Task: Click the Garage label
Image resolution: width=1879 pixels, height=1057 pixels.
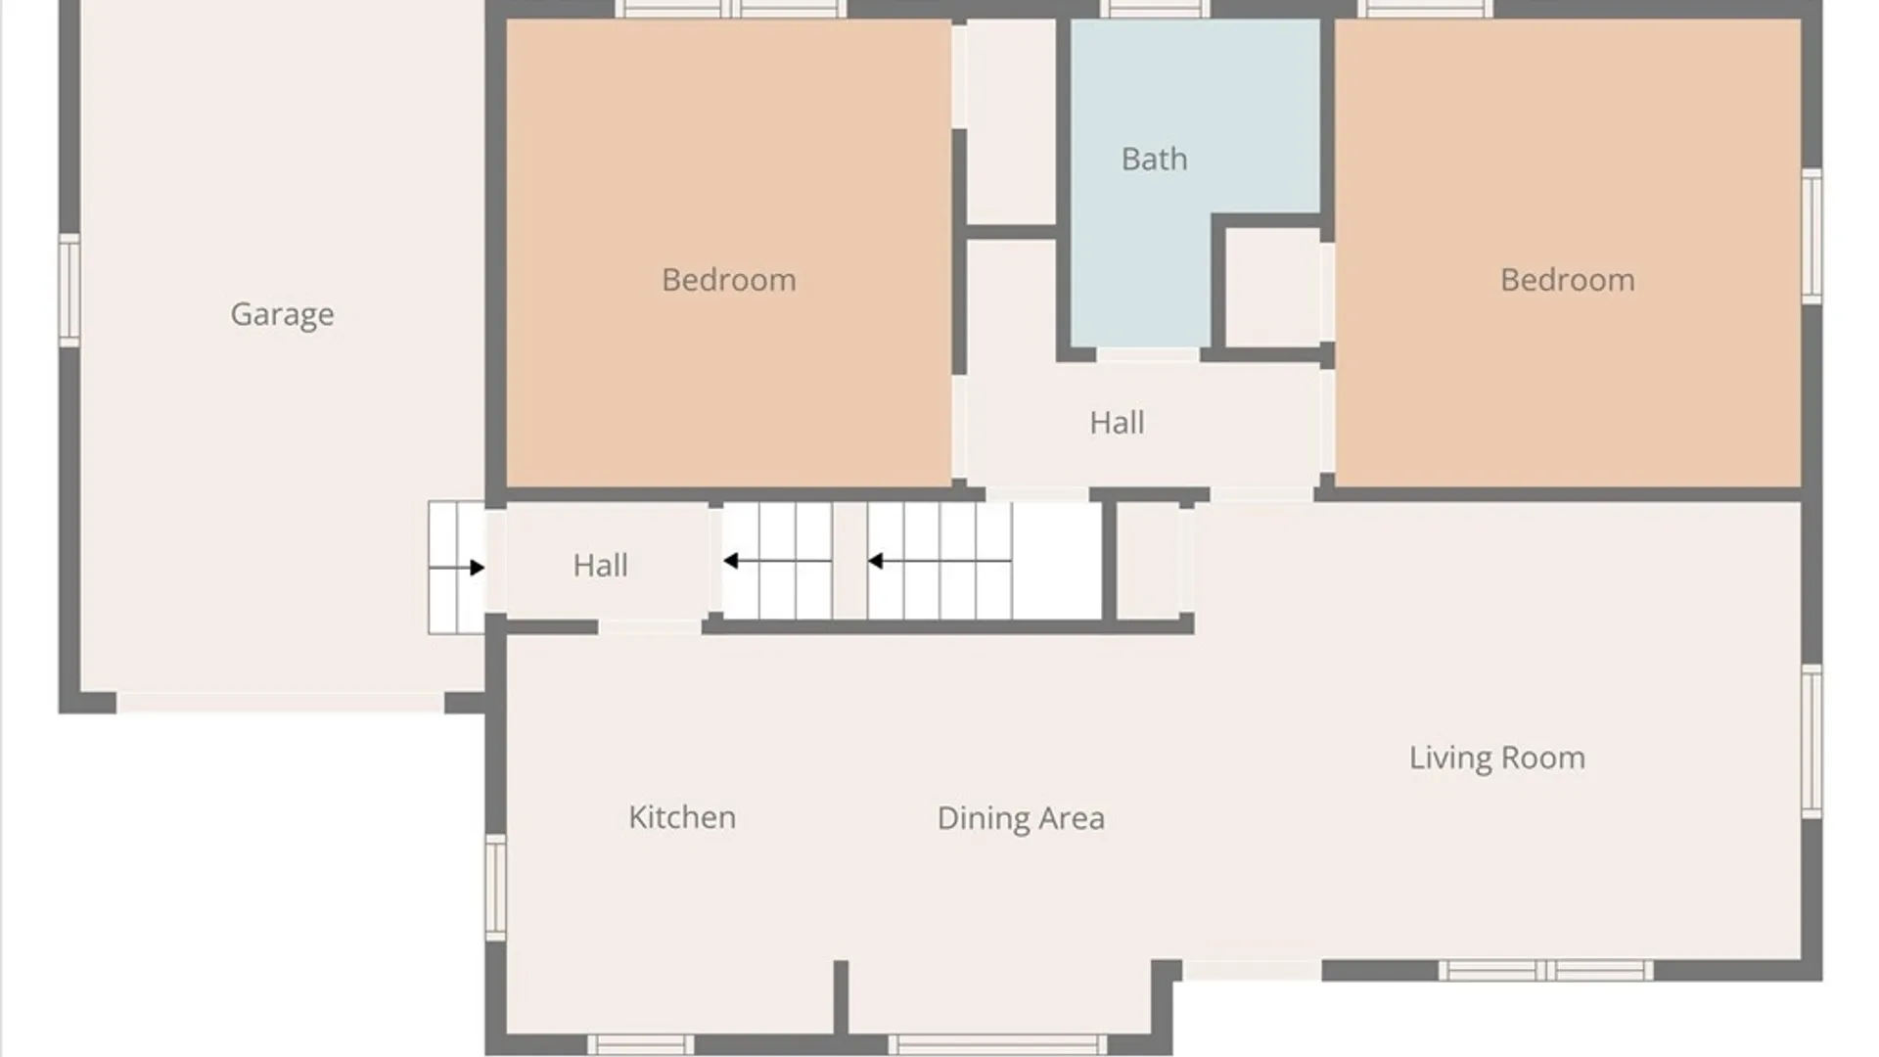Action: (x=282, y=314)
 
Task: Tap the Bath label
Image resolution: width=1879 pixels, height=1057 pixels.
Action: (x=1155, y=159)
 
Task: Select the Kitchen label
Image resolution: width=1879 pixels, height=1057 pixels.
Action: (x=682, y=817)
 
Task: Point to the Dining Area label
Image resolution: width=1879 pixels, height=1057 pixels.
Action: (x=1021, y=818)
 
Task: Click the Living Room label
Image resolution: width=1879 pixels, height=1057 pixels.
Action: (x=1497, y=758)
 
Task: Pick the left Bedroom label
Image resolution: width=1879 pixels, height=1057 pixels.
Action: (x=729, y=280)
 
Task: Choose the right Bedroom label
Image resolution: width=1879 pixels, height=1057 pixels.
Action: (x=1568, y=280)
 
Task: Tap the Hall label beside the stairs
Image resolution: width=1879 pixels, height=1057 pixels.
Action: (x=600, y=565)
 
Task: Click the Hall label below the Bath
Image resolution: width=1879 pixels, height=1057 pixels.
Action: (x=1117, y=422)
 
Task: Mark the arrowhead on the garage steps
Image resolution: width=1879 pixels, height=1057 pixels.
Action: (x=478, y=568)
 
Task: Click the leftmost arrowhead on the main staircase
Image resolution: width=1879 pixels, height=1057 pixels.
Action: (x=730, y=561)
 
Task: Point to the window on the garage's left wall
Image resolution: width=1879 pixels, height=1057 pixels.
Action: (x=69, y=290)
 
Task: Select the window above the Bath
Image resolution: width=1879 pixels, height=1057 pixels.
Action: (x=1155, y=9)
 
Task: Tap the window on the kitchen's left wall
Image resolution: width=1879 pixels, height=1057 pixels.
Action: (x=496, y=888)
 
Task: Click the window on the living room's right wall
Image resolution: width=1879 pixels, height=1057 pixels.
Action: (x=1811, y=742)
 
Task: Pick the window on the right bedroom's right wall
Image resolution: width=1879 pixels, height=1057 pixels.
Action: (x=1811, y=236)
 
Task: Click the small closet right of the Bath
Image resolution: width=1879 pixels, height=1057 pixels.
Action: (x=1272, y=288)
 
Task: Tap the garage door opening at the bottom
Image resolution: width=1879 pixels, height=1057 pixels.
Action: (x=281, y=703)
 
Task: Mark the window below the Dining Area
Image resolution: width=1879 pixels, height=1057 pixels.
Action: (x=998, y=1045)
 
